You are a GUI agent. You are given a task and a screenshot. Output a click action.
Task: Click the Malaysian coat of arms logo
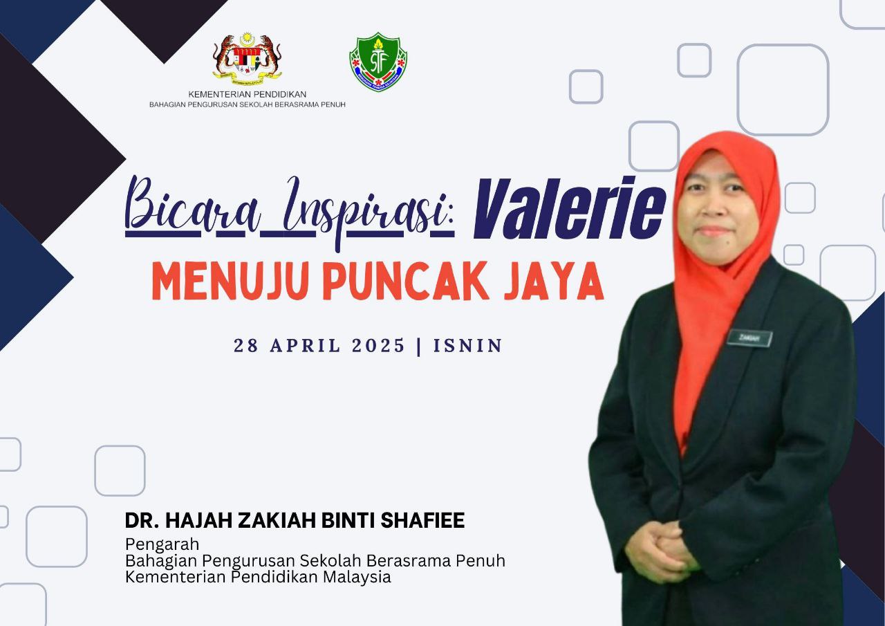(248, 57)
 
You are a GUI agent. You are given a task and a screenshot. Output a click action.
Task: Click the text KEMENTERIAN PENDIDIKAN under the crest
(248, 95)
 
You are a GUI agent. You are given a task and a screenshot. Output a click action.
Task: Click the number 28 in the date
(246, 345)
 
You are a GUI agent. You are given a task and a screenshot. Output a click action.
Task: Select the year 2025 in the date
(378, 345)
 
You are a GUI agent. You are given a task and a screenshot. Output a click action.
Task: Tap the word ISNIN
(468, 345)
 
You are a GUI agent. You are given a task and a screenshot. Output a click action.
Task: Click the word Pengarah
(162, 545)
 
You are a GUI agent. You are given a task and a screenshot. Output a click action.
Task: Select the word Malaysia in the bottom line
(357, 578)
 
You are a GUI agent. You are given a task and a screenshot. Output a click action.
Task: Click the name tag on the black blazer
(749, 338)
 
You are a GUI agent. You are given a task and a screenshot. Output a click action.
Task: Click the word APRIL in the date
(305, 345)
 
